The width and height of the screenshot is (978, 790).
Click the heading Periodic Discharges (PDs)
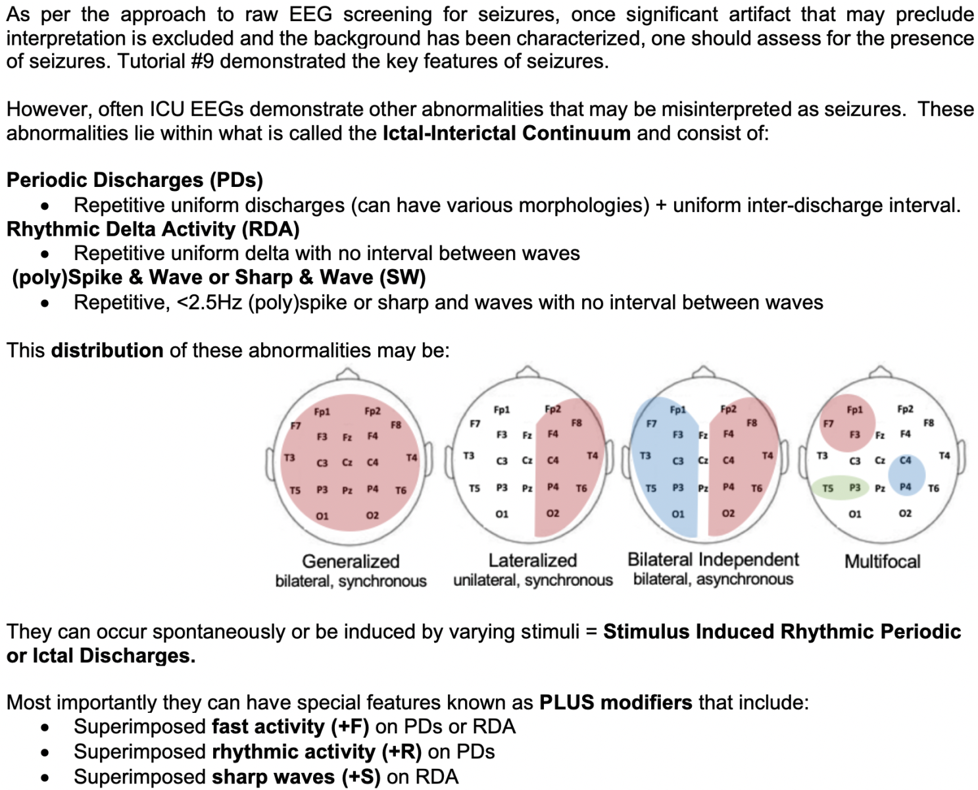(135, 180)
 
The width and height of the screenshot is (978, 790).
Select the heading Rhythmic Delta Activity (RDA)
(153, 229)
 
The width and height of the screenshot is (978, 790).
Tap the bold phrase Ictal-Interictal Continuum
(506, 133)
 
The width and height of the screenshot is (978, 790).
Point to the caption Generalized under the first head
(351, 561)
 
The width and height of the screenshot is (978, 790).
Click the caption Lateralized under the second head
(532, 560)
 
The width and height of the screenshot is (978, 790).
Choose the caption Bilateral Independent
(713, 560)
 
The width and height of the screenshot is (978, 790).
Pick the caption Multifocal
(882, 562)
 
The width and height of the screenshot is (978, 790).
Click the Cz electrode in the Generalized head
(347, 463)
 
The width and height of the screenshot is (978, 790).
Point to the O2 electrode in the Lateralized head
(552, 513)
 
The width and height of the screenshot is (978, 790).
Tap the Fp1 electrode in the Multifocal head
(854, 409)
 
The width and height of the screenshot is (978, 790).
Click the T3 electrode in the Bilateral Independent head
(645, 456)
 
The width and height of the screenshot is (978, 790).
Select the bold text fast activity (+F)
(290, 726)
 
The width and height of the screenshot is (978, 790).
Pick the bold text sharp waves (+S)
(296, 777)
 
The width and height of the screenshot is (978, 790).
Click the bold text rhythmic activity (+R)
(316, 751)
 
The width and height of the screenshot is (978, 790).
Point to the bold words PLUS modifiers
(616, 702)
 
